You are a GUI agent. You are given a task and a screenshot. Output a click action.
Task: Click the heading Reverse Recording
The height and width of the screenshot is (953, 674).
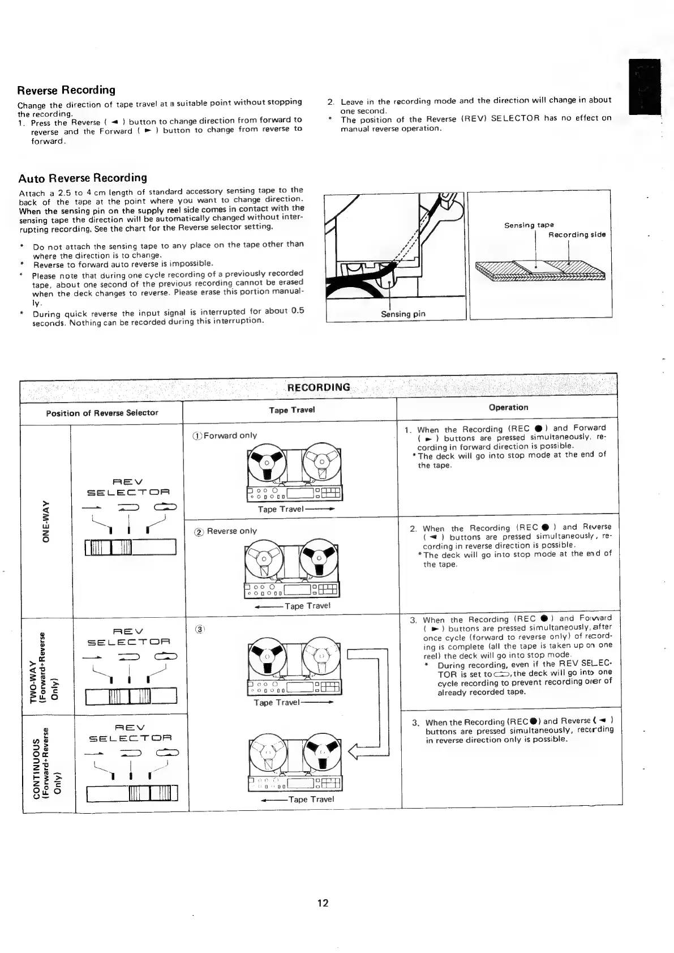click(x=66, y=89)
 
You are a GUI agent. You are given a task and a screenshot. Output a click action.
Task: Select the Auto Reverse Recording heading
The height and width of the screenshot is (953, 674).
click(x=83, y=178)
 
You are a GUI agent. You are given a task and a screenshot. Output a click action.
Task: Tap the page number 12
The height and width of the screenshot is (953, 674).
click(x=323, y=903)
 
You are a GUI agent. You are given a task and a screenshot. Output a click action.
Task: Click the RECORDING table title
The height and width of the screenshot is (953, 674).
click(x=319, y=387)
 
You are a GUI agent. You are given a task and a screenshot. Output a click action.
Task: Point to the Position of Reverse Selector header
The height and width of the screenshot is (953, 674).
click(x=102, y=412)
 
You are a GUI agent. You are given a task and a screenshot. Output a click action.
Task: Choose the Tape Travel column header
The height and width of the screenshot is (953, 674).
click(x=292, y=409)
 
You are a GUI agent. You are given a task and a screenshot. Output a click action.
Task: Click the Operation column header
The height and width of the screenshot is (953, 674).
click(x=508, y=407)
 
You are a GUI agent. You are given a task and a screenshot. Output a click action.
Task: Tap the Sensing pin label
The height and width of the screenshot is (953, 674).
click(x=403, y=314)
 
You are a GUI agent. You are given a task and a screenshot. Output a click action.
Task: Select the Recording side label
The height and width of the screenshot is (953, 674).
click(x=577, y=234)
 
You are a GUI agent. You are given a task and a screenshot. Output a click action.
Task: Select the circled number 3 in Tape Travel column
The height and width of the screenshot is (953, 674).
click(x=199, y=629)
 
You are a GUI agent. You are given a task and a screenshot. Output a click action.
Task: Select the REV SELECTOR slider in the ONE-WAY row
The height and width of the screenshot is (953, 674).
click(x=131, y=548)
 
